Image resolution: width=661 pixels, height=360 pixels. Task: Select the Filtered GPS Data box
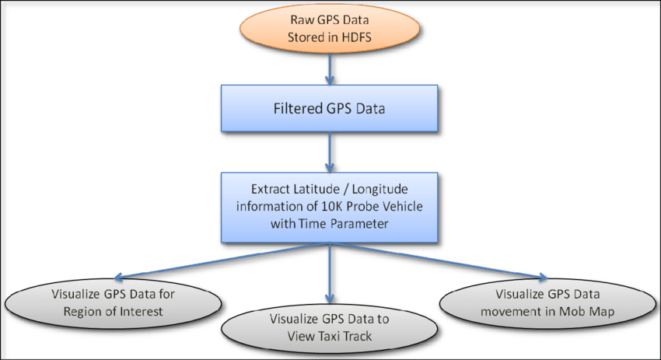pos(330,108)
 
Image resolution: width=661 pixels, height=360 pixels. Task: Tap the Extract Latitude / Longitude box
pos(330,205)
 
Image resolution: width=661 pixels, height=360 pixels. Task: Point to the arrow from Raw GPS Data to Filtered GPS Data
pos(330,72)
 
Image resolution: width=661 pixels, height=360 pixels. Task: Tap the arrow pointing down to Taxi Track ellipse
pos(330,271)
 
